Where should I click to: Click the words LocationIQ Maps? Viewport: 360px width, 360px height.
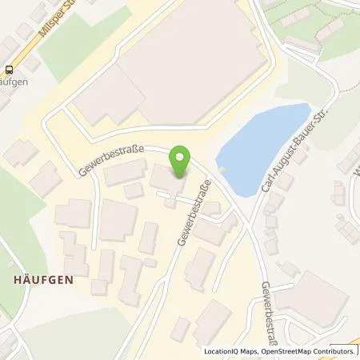coord(233,351)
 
